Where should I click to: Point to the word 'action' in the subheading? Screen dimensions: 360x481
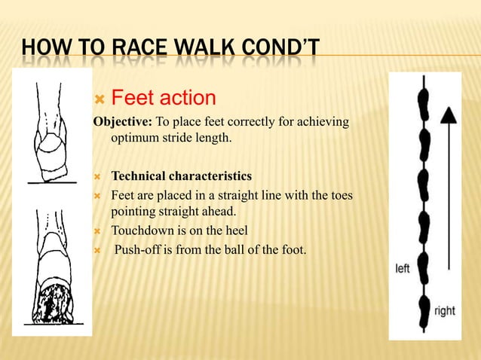tap(188, 98)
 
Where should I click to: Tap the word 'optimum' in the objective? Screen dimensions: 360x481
tap(136, 138)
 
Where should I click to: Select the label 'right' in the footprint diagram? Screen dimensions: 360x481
tap(444, 310)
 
